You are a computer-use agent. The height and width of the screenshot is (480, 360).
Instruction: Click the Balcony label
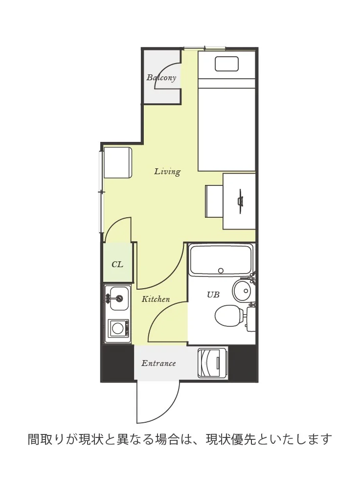(x=161, y=77)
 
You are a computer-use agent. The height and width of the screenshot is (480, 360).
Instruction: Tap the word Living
(x=167, y=171)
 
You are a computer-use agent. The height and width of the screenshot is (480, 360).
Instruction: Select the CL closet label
(x=117, y=264)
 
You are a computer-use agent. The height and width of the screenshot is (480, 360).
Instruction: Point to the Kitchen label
(x=156, y=299)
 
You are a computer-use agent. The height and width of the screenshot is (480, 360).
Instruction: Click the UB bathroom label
(x=213, y=295)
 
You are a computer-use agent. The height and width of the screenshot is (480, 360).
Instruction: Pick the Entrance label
(x=158, y=364)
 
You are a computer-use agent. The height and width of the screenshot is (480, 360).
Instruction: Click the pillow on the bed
(x=226, y=64)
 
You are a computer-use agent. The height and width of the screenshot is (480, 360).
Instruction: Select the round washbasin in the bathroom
(x=242, y=291)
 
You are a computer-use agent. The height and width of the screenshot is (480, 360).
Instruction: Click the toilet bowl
(x=229, y=315)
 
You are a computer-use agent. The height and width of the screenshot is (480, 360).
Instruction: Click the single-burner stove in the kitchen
(x=118, y=328)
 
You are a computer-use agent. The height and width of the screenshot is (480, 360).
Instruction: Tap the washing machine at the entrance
(x=212, y=363)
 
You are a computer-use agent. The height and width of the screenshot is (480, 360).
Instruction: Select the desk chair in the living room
(x=214, y=201)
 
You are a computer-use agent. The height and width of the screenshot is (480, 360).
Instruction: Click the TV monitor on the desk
(x=241, y=201)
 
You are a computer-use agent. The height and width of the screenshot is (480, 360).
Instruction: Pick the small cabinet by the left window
(x=118, y=163)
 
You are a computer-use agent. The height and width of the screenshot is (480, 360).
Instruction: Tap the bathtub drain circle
(x=221, y=271)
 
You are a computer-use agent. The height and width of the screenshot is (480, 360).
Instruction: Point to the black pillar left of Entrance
(x=117, y=363)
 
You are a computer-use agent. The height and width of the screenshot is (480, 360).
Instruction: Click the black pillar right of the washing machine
(x=243, y=363)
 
